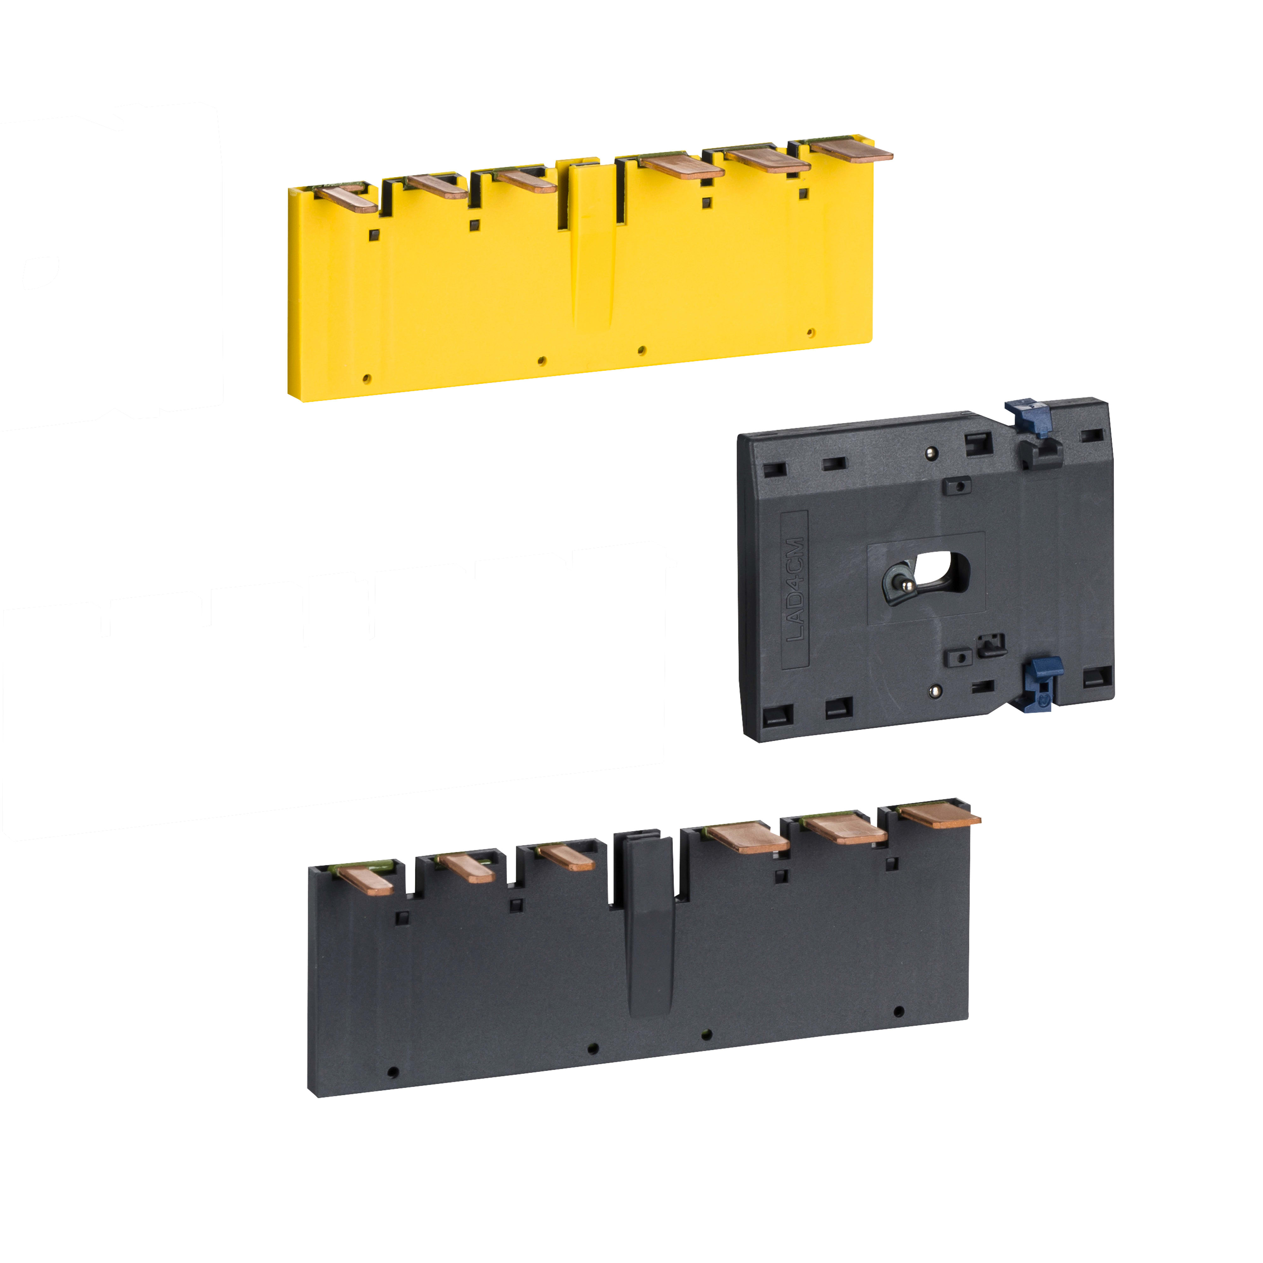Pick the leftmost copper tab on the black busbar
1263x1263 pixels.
(x=365, y=879)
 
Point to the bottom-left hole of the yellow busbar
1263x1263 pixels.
(x=367, y=378)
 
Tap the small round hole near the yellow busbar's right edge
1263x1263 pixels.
(x=811, y=333)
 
